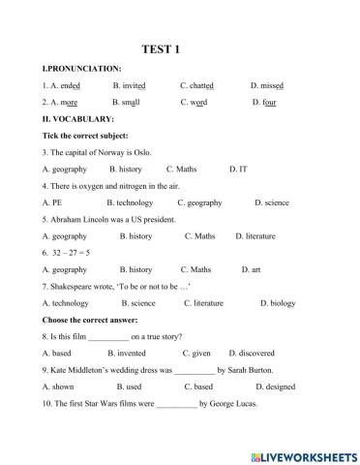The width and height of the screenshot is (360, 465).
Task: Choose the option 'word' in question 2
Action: click(x=199, y=102)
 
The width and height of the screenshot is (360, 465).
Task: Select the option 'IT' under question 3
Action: click(x=243, y=169)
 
